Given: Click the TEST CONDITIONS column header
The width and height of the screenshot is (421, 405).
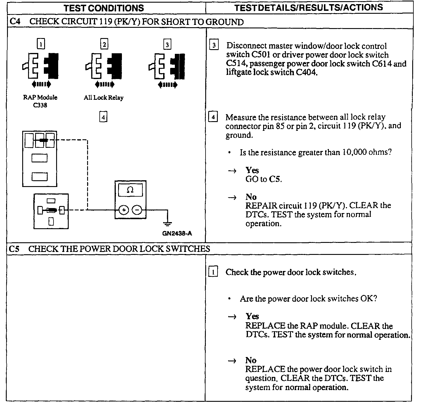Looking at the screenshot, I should pyautogui.click(x=104, y=8).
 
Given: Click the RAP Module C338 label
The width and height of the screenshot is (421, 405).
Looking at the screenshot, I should pyautogui.click(x=40, y=101).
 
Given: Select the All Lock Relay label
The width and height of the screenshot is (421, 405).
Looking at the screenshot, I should pyautogui.click(x=103, y=98).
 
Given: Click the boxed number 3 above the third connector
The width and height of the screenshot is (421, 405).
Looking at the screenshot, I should pyautogui.click(x=167, y=45).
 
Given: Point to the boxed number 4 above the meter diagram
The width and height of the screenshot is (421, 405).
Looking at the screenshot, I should pyautogui.click(x=103, y=117).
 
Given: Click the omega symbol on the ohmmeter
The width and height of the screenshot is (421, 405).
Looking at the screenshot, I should pyautogui.click(x=130, y=190).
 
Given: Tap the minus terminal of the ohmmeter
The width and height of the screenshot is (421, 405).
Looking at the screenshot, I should pyautogui.click(x=137, y=210).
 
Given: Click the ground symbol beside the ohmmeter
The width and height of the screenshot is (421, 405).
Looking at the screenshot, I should pyautogui.click(x=168, y=224).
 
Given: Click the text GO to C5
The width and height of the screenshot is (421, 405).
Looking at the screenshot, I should pyautogui.click(x=263, y=179).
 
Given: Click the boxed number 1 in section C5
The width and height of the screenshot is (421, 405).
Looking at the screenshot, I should pyautogui.click(x=213, y=272).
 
